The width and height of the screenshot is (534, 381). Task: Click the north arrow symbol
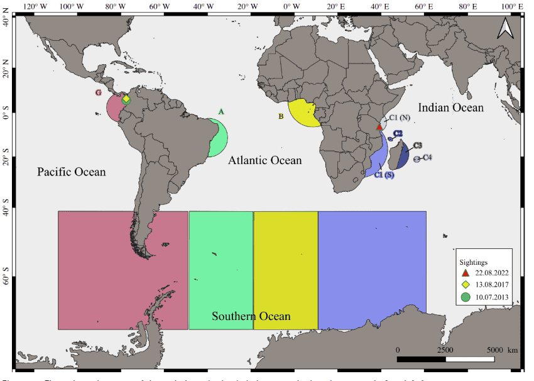pos(504,28)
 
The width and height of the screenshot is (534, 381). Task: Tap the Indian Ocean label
pos(450,108)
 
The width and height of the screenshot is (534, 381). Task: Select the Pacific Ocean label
pos(71,172)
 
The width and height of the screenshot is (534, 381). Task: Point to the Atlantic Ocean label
pos(264,160)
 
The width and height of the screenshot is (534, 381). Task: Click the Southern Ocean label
pos(251,316)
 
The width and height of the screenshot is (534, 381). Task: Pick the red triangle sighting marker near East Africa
pos(379,126)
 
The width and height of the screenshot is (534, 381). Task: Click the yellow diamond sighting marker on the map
pos(126,99)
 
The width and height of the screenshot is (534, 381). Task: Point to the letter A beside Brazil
pos(221,111)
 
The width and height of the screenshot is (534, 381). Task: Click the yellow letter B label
pos(281,116)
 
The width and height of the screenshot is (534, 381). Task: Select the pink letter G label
pos(98,92)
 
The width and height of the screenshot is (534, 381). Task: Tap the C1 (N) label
pos(400,118)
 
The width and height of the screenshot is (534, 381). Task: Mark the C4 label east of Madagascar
pos(427,157)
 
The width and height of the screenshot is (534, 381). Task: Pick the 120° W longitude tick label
pos(34,6)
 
